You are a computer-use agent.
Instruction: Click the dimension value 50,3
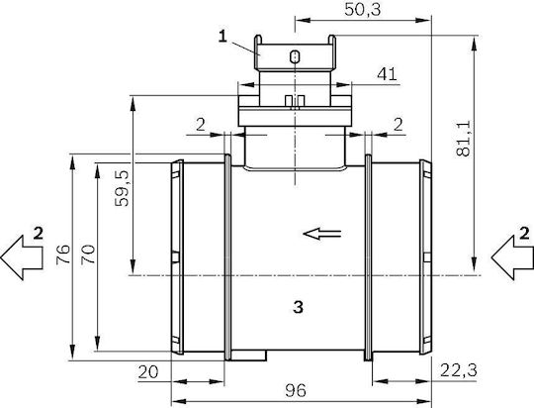point(362,10)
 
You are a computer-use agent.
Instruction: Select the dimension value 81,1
point(464,139)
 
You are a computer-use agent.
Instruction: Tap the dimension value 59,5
point(122,188)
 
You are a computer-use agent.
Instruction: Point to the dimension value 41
point(387,74)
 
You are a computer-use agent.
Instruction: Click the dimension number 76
point(63,254)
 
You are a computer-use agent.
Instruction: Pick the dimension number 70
point(88,254)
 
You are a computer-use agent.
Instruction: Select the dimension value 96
point(296,390)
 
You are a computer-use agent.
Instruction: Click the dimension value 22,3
point(459,370)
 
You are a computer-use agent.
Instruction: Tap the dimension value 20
point(148,372)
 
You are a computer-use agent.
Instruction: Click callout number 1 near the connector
point(222,37)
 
